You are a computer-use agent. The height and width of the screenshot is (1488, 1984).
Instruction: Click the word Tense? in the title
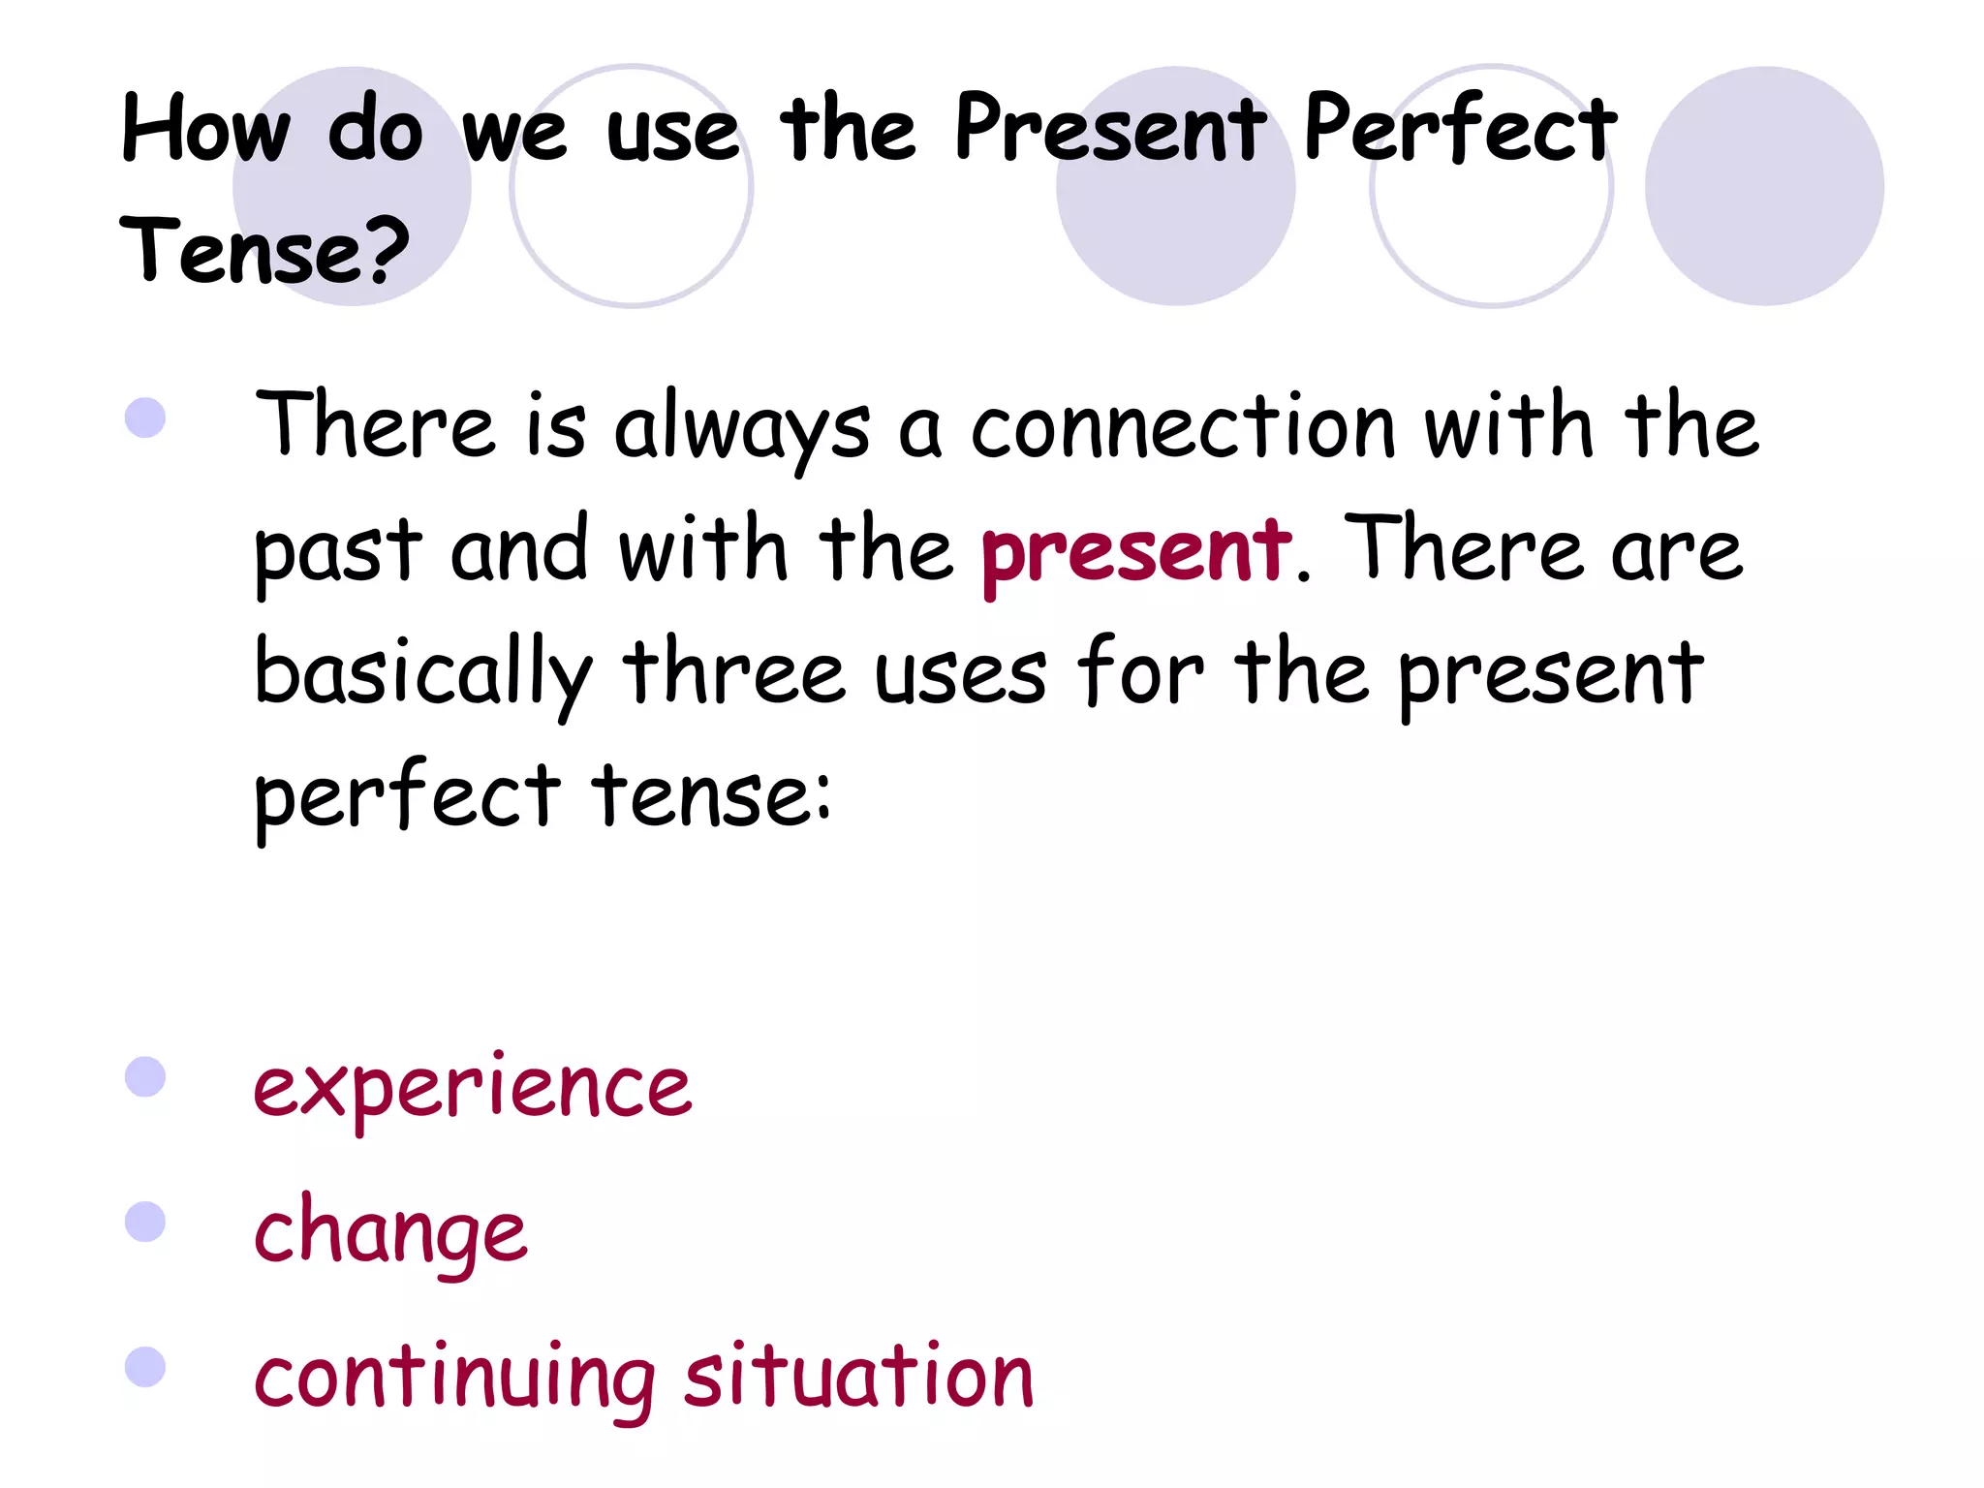(x=263, y=251)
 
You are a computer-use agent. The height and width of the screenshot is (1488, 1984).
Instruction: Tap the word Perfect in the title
(x=1459, y=129)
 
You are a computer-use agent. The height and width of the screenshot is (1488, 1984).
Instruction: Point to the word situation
(x=858, y=1376)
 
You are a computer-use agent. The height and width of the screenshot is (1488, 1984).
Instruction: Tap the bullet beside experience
(x=145, y=1076)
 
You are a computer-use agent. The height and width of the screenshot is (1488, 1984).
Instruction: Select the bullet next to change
(x=145, y=1222)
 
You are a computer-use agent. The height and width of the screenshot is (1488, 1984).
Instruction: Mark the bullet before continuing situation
(x=145, y=1367)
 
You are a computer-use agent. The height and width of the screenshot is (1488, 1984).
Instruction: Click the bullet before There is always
(x=145, y=418)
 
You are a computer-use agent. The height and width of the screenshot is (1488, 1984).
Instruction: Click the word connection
(x=1183, y=427)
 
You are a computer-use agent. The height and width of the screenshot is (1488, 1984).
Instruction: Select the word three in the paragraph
(x=733, y=671)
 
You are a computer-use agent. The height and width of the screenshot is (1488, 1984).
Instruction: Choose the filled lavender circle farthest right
(x=1763, y=186)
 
